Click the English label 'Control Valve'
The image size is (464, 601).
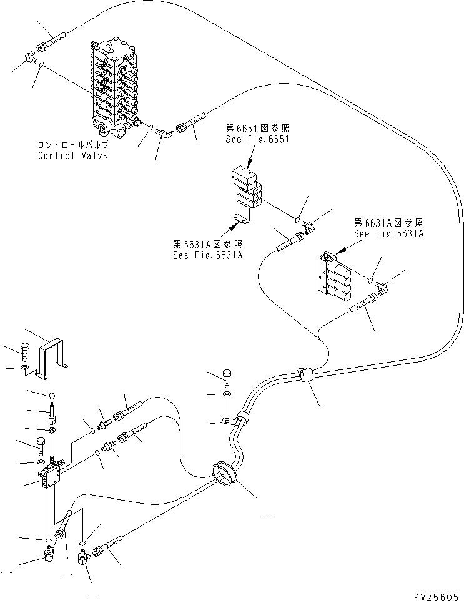point(73,155)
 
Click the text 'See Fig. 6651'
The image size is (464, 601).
point(257,139)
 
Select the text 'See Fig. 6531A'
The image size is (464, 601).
point(207,255)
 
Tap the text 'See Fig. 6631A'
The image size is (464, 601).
point(389,233)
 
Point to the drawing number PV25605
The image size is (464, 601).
point(436,597)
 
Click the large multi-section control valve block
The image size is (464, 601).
point(114,89)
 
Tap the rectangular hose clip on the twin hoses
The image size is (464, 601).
point(306,374)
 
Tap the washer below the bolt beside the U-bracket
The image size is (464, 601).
point(25,369)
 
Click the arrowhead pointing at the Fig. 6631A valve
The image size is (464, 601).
point(340,250)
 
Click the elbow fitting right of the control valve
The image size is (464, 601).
point(164,132)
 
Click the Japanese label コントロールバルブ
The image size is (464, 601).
point(72,145)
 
